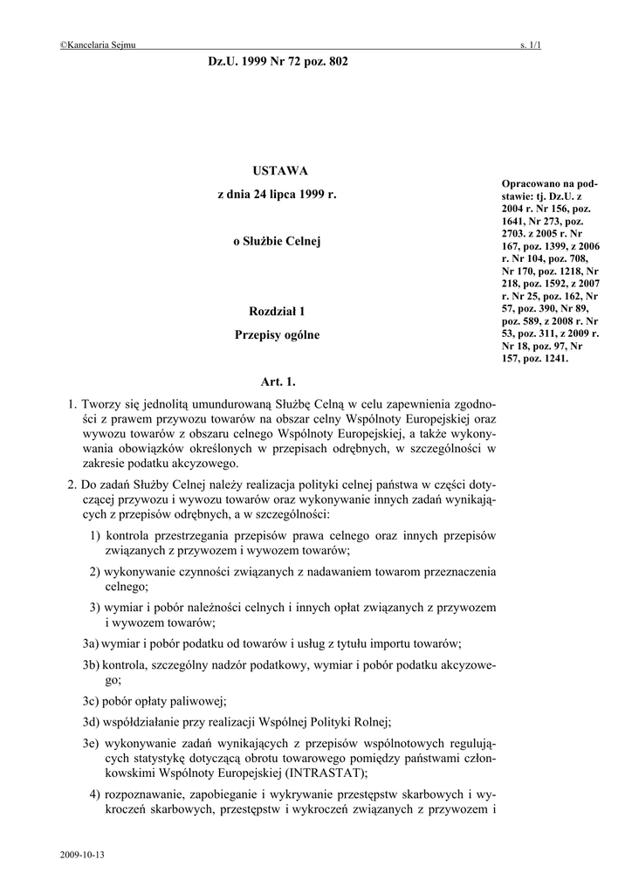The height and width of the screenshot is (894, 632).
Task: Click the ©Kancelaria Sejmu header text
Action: point(98,45)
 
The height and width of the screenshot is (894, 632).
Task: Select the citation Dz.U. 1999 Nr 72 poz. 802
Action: point(278,62)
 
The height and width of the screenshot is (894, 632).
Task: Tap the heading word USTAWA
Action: point(276,170)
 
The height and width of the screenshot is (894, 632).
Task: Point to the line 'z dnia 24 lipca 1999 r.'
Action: point(276,195)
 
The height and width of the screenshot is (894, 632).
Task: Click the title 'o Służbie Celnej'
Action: point(277,241)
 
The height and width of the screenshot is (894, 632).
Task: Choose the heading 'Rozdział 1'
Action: point(277,311)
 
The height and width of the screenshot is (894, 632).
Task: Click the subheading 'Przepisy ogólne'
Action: point(277,334)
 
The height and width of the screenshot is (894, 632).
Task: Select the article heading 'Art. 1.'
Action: point(278,382)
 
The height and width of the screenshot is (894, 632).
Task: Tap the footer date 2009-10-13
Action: point(83,855)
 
